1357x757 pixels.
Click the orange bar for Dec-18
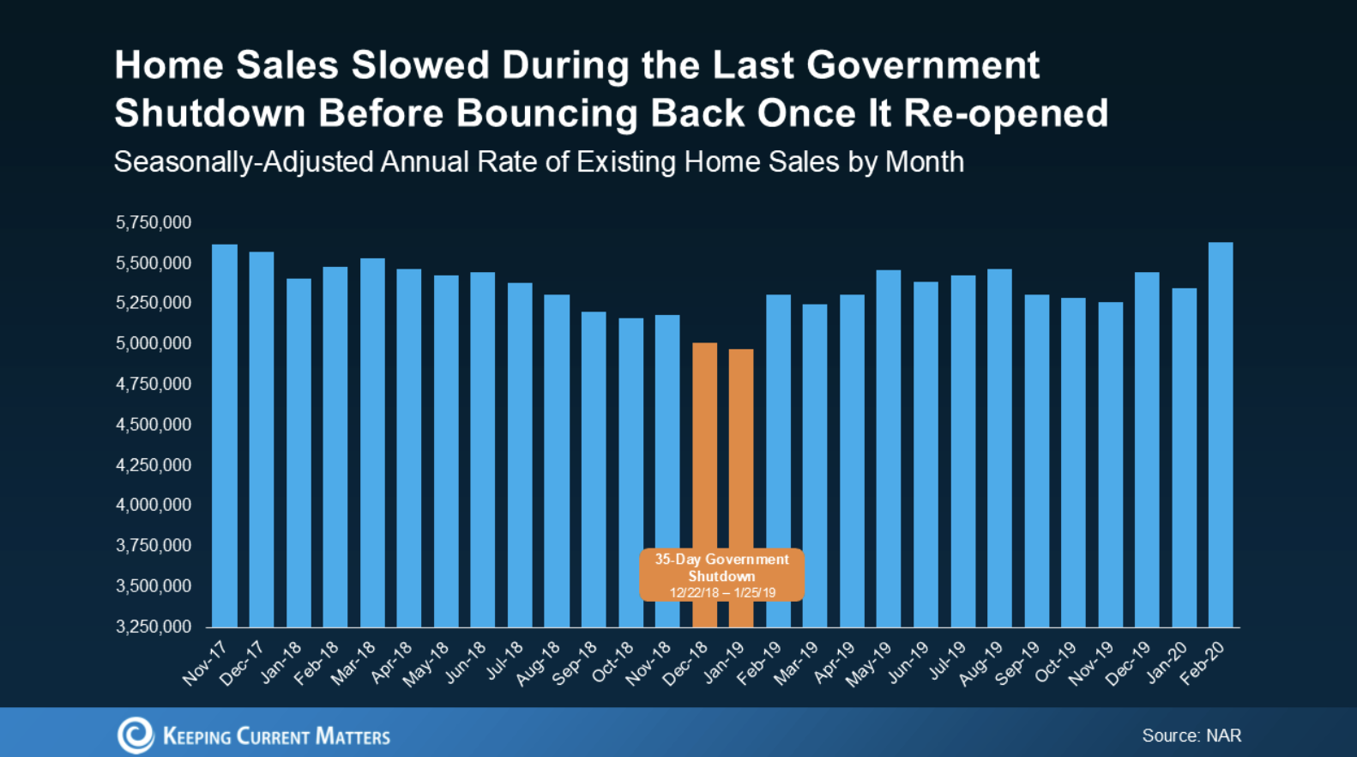(704, 446)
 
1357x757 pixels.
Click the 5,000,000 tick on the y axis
(154, 343)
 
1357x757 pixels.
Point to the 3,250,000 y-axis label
(154, 627)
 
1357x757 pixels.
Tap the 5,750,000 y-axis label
(154, 222)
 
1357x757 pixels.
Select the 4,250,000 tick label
(154, 465)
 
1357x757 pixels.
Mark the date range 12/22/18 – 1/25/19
(722, 593)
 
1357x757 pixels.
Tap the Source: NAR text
(1191, 736)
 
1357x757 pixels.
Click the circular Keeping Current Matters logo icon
(136, 735)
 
